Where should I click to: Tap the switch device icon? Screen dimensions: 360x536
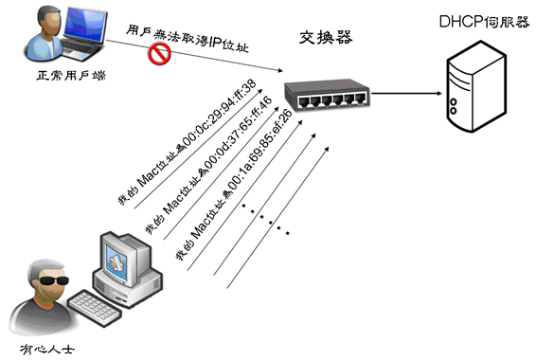pos(328,97)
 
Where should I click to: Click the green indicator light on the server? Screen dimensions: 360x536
pos(463,71)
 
